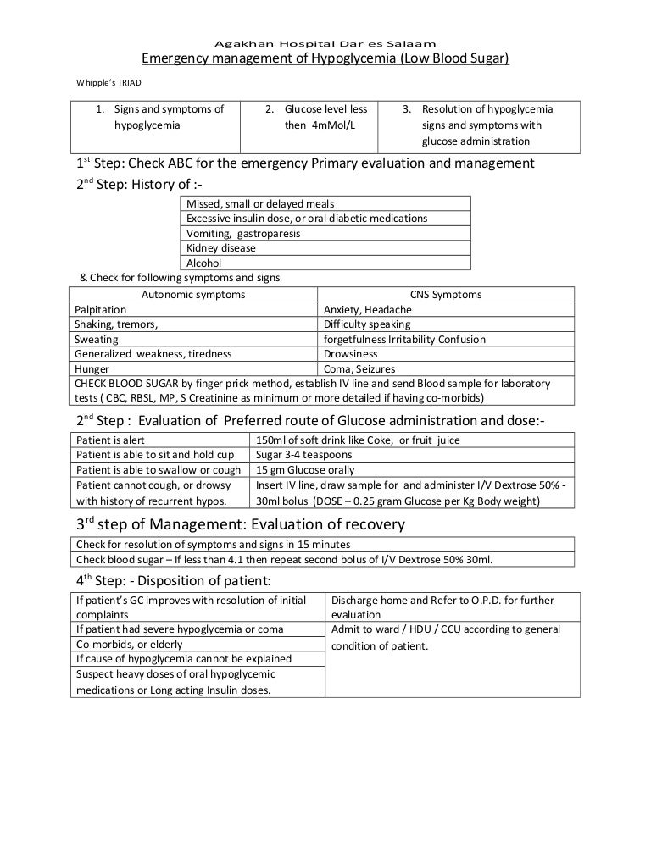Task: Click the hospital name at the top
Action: point(325,44)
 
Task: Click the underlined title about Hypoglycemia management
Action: point(325,59)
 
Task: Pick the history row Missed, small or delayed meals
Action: point(260,203)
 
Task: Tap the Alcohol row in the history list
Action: point(203,263)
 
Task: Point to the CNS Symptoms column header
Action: point(445,294)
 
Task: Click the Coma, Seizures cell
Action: point(359,369)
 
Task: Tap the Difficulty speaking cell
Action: point(367,324)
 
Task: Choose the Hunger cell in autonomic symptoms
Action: point(92,369)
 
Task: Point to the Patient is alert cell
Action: point(111,440)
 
